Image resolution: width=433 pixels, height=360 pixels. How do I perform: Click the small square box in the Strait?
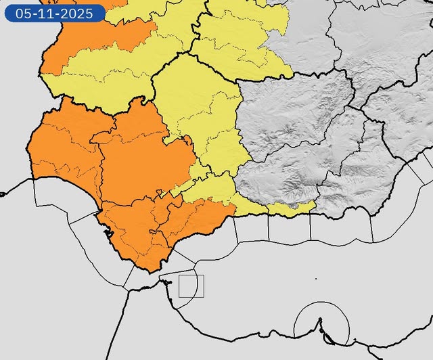(x=191, y=286)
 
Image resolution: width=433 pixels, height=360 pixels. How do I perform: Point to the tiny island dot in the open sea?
(x=316, y=279)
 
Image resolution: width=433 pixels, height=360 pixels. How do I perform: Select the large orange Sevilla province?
(x=145, y=162)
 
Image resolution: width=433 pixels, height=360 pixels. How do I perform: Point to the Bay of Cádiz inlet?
(x=107, y=233)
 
